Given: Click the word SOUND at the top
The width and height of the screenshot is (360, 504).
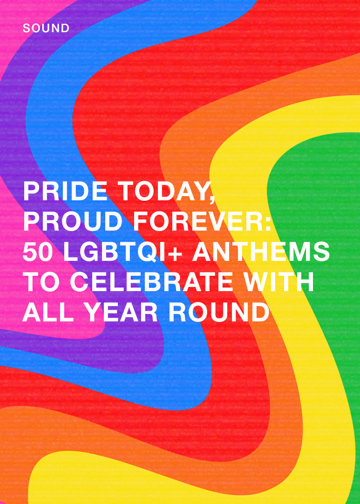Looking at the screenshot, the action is tap(46, 28).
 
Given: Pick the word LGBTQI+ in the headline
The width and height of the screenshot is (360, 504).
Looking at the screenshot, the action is tap(123, 252).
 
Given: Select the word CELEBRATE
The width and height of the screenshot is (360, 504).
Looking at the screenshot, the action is tap(151, 282).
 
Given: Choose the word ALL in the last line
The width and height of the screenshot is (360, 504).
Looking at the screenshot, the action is tap(48, 313).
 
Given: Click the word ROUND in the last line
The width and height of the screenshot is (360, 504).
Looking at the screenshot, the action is tap(219, 313).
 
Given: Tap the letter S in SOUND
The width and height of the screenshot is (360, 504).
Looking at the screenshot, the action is tap(27, 28).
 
